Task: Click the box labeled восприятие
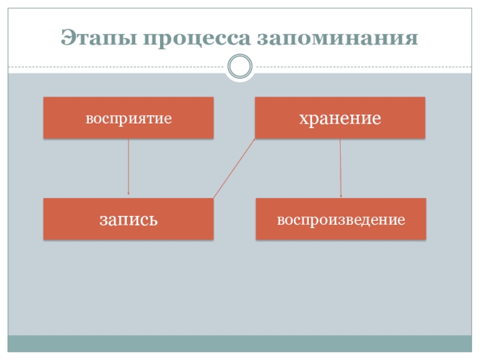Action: pos(128,118)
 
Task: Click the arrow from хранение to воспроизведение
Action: pos(341,168)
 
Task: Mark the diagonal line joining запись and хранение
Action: pos(235,169)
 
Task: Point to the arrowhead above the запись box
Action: pos(128,193)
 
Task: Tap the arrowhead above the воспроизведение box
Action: pos(341,196)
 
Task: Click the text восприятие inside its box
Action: pos(128,118)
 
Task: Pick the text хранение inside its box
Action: pos(340,118)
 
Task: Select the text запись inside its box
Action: pos(128,220)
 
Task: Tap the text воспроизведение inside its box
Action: pos(341,220)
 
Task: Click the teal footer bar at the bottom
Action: pos(240,343)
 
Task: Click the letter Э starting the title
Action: pos(67,39)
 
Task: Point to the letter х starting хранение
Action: pos(304,118)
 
